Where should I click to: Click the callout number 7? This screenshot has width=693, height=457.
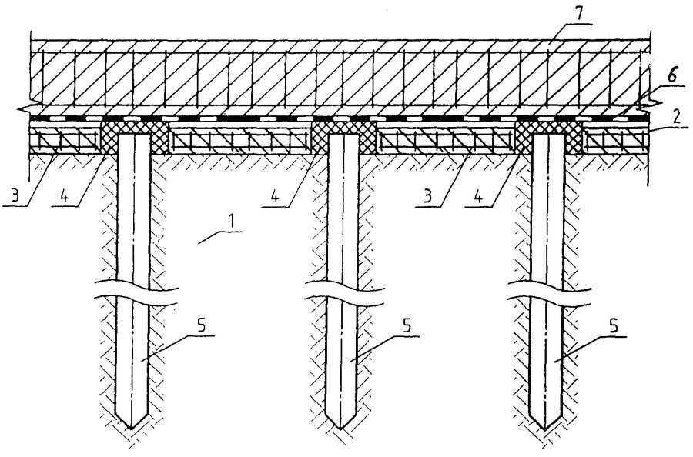(x=580, y=14)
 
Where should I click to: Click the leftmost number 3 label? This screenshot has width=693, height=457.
(x=15, y=195)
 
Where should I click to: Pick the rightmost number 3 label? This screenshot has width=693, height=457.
(x=427, y=195)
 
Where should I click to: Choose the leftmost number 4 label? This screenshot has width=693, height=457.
(x=64, y=196)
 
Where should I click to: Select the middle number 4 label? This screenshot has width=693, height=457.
(x=275, y=196)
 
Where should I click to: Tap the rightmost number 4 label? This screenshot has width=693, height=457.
(x=478, y=196)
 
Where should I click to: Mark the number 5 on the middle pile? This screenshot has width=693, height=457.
(x=407, y=326)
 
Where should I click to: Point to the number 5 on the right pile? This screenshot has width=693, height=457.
(x=613, y=326)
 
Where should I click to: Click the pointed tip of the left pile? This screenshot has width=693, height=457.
(x=131, y=429)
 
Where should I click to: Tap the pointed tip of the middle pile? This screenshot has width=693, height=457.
(x=340, y=429)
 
